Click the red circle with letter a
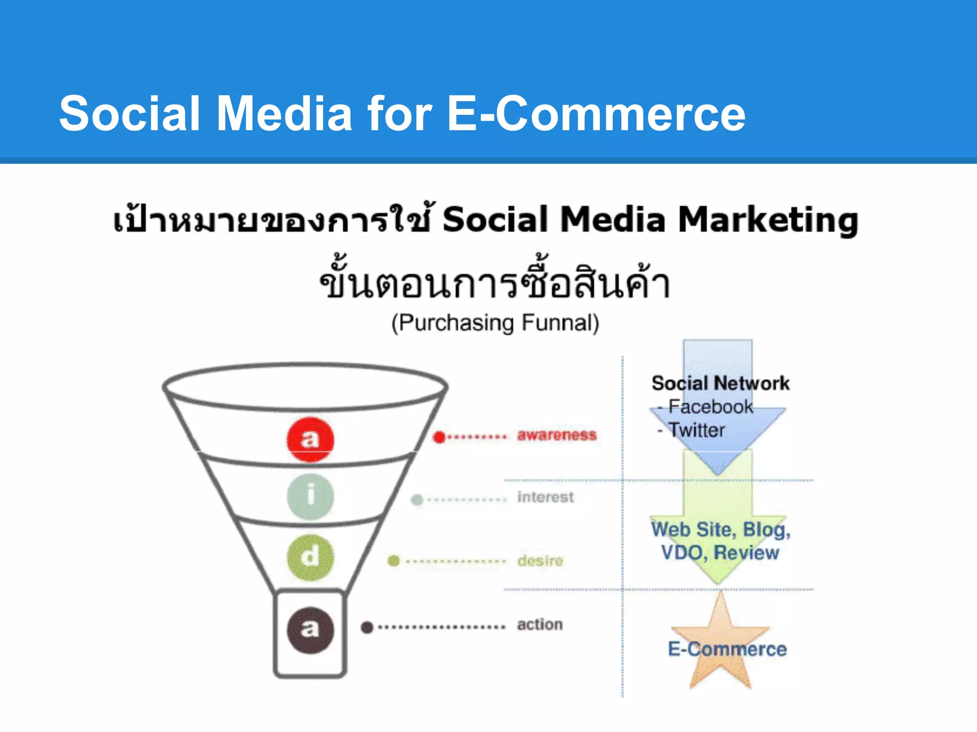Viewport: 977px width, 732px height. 310,439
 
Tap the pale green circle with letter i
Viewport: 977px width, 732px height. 310,496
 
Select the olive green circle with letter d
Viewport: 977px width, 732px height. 310,557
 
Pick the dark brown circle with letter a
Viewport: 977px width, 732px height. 310,630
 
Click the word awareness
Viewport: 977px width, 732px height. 557,435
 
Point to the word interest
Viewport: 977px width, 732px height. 545,497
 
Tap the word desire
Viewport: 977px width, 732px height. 540,560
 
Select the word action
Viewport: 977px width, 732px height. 540,624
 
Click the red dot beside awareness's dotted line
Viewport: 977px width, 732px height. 439,437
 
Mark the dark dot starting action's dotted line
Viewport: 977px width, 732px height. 367,627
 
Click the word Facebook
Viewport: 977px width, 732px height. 710,407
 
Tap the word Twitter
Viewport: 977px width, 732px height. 696,430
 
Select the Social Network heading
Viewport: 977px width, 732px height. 720,383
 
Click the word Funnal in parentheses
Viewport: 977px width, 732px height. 560,323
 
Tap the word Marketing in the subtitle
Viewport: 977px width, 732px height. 768,220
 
